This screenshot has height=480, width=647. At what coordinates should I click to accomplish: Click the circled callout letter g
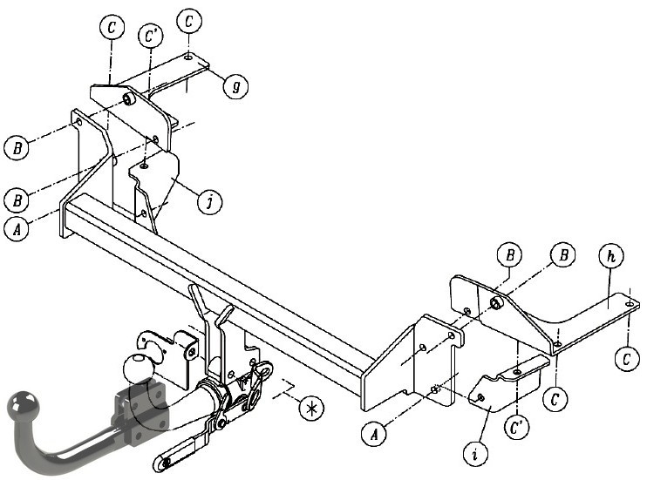pyautogui.click(x=235, y=86)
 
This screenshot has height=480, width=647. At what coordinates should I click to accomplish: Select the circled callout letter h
pyautogui.click(x=610, y=255)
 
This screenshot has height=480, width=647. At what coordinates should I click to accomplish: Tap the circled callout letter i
pyautogui.click(x=475, y=454)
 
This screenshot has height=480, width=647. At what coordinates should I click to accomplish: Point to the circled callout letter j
pyautogui.click(x=209, y=201)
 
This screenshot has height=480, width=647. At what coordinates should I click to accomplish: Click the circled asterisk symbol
pyautogui.click(x=311, y=409)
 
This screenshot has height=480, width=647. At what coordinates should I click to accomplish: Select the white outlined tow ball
pyautogui.click(x=138, y=367)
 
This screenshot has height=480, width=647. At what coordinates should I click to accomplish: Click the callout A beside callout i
pyautogui.click(x=374, y=434)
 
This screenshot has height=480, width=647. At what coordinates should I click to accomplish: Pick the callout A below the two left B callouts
pyautogui.click(x=17, y=228)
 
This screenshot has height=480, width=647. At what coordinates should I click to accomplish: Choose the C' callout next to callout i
pyautogui.click(x=517, y=428)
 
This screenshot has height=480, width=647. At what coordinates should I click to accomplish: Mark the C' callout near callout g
pyautogui.click(x=150, y=36)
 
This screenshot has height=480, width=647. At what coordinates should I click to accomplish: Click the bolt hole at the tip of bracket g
pyautogui.click(x=188, y=57)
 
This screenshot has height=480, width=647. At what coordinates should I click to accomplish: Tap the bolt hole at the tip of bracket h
pyautogui.click(x=630, y=304)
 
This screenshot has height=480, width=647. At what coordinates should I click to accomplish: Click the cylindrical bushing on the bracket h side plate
pyautogui.click(x=496, y=302)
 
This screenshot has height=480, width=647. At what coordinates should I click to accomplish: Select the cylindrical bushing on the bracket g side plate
pyautogui.click(x=130, y=99)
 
